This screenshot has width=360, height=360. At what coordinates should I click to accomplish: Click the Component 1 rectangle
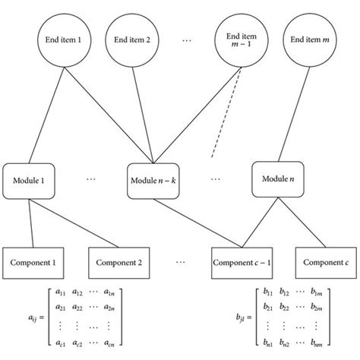[x=36, y=263]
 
